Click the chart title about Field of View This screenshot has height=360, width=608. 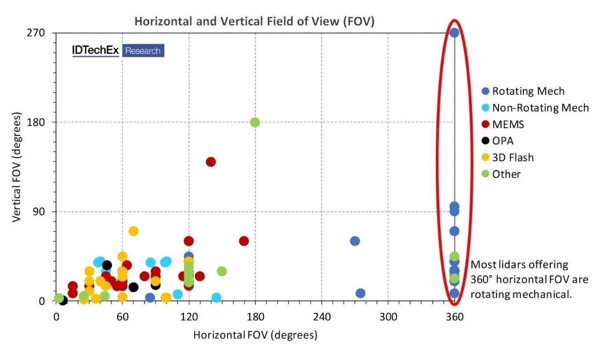tap(254, 22)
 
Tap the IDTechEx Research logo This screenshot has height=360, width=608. tap(118, 51)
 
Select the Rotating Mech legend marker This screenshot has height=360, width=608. tap(486, 91)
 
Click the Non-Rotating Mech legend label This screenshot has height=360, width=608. tap(541, 108)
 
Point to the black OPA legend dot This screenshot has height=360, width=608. tap(486, 141)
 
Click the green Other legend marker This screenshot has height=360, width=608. tap(486, 174)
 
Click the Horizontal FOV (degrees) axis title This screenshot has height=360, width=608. tap(255, 335)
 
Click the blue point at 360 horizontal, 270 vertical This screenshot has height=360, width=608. tap(454, 33)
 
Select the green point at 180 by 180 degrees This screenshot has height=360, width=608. tap(255, 122)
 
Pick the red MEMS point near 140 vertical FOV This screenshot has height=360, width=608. tap(211, 162)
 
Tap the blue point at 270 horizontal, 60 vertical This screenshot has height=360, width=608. tap(355, 241)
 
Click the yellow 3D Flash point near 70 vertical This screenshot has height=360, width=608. tap(133, 231)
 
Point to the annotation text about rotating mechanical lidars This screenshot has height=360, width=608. tap(529, 279)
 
